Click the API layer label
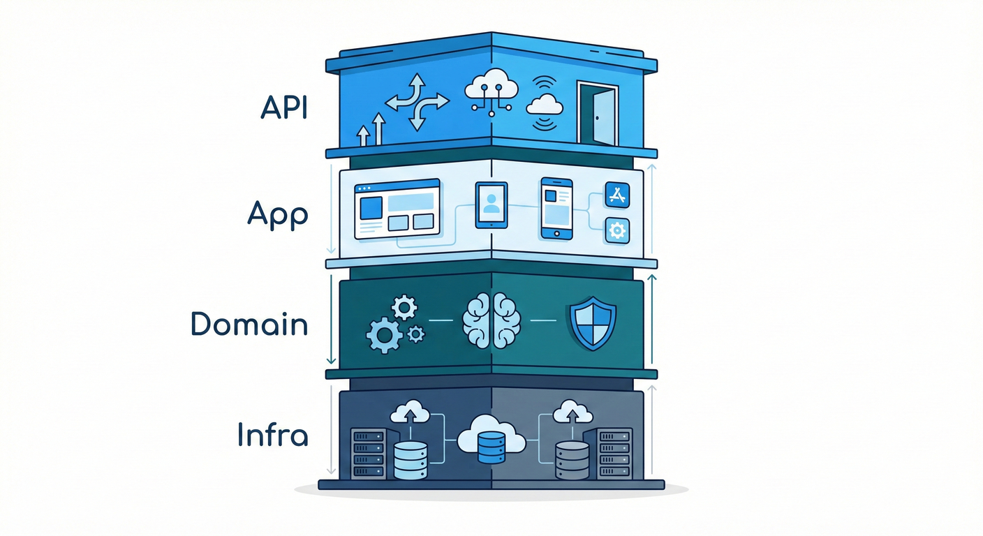(284, 107)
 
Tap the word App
(278, 215)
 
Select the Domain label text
(249, 324)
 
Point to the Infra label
(272, 434)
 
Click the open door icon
(598, 113)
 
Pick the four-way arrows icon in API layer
(417, 102)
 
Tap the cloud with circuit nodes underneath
(491, 92)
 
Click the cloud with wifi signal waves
(545, 104)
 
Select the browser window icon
(397, 209)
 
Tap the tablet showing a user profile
(491, 205)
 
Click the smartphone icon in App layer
(557, 209)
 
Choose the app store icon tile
(617, 195)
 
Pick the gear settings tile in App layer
(617, 231)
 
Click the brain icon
(491, 320)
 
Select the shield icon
(593, 323)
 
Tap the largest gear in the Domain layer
(385, 336)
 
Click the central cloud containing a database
(491, 438)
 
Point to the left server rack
(369, 454)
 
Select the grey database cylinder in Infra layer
(572, 461)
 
